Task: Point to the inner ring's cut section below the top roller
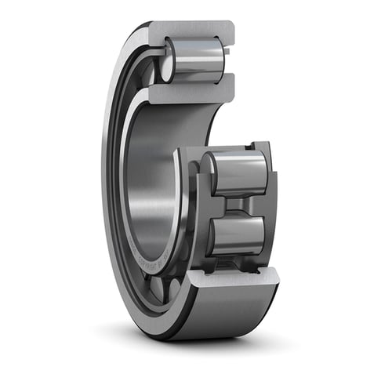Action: (192, 93)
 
